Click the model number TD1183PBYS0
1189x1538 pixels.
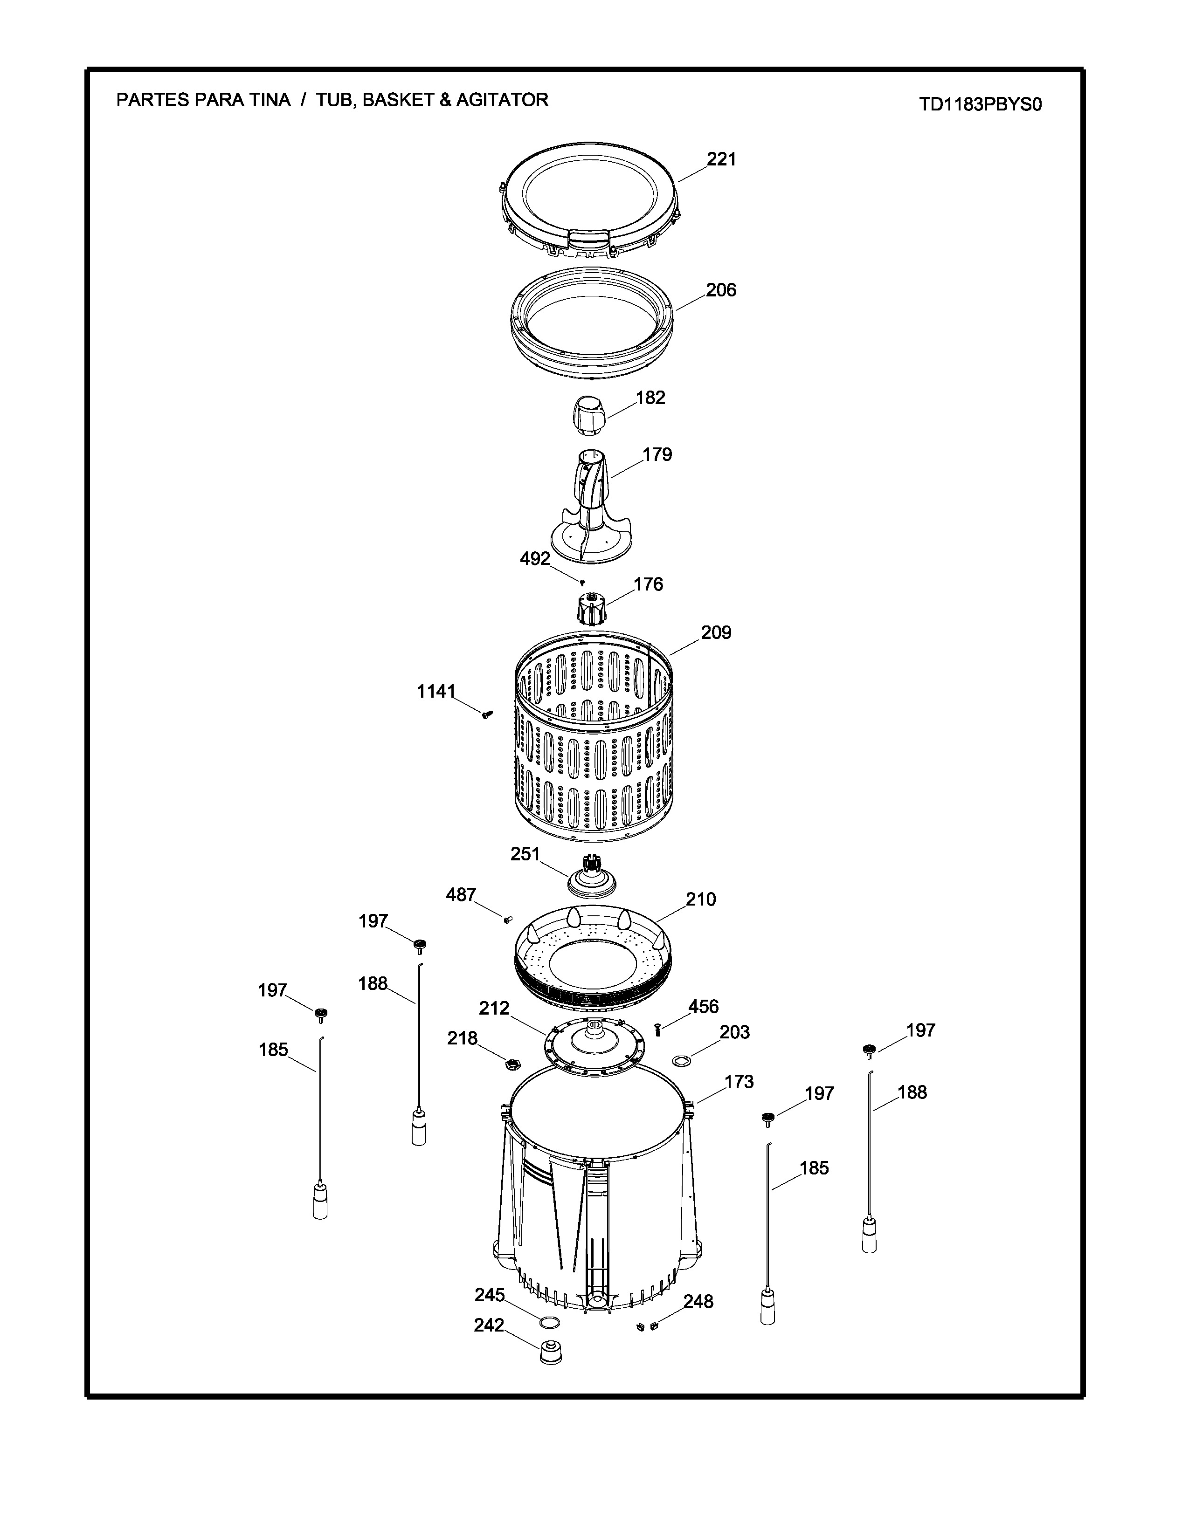[x=980, y=105]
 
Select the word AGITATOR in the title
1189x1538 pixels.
[x=502, y=100]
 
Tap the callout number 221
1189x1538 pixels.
[x=721, y=159]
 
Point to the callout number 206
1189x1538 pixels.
[x=721, y=290]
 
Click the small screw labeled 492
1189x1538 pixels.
[x=582, y=582]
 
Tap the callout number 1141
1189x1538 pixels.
[x=436, y=692]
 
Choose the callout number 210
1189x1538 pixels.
[x=701, y=899]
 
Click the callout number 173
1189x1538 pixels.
[x=739, y=1082]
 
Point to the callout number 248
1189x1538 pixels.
[x=698, y=1302]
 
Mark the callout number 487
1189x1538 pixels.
[x=461, y=895]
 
